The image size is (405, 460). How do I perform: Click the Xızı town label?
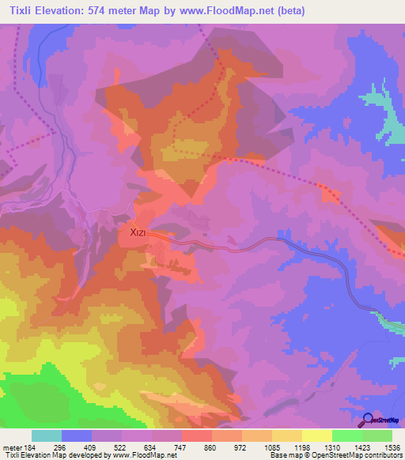[x=131, y=233]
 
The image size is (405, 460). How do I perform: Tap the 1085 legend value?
[x=271, y=447]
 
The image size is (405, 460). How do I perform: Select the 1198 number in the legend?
[x=301, y=447]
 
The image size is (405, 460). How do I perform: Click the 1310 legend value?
[x=331, y=447]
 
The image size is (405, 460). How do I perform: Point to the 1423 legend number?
[x=361, y=447]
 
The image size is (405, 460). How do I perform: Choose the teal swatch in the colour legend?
[x=46, y=435]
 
